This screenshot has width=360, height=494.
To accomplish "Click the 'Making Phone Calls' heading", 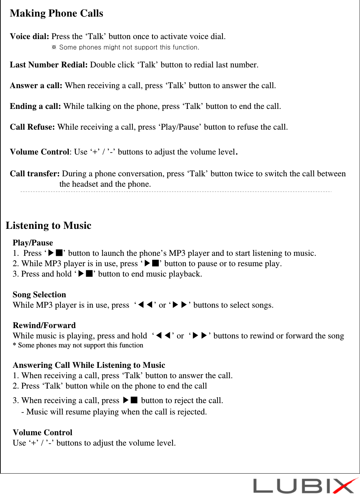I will click(56, 13).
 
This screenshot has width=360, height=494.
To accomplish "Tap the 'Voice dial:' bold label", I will click(29, 36).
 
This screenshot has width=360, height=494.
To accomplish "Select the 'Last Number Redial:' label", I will click(48, 65).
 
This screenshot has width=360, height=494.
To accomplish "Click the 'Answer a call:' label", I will click(36, 85).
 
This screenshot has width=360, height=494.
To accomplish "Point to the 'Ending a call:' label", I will click(35, 106).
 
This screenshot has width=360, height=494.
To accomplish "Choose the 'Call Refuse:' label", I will click(32, 127).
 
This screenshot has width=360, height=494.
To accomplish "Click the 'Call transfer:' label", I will click(35, 174).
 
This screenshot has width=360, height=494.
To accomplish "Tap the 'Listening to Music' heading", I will click(48, 225).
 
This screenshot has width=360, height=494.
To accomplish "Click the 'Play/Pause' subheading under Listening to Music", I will click(33, 243).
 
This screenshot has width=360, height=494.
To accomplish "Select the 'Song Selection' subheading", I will click(39, 295).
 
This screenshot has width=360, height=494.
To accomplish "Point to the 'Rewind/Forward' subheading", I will click(44, 325).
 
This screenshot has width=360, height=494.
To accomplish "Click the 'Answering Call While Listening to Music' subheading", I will click(89, 365).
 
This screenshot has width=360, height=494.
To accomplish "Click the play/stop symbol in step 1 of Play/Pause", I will click(55, 253).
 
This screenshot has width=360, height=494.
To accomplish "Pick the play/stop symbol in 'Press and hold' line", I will click(85, 273).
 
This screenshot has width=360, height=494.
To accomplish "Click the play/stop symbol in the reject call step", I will click(130, 400).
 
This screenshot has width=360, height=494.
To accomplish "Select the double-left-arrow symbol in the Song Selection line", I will click(145, 305).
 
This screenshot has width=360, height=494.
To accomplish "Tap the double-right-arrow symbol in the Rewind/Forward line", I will click(200, 335).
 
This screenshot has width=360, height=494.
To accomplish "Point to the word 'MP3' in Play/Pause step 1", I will click(177, 253).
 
